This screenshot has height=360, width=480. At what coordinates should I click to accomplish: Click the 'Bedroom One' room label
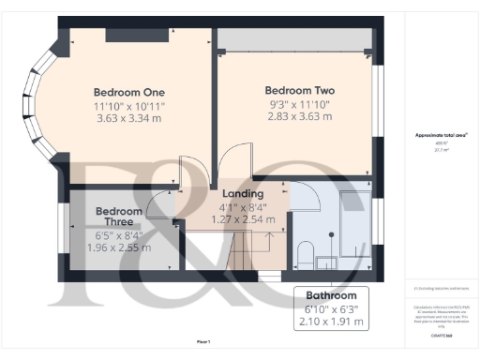point(128,92)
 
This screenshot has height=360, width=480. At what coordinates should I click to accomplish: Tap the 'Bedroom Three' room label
point(119,217)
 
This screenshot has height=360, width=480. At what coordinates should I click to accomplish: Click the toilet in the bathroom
point(306,254)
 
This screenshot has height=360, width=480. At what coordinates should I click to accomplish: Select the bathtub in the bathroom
point(354,223)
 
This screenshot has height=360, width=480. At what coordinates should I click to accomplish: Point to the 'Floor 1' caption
point(203,340)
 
